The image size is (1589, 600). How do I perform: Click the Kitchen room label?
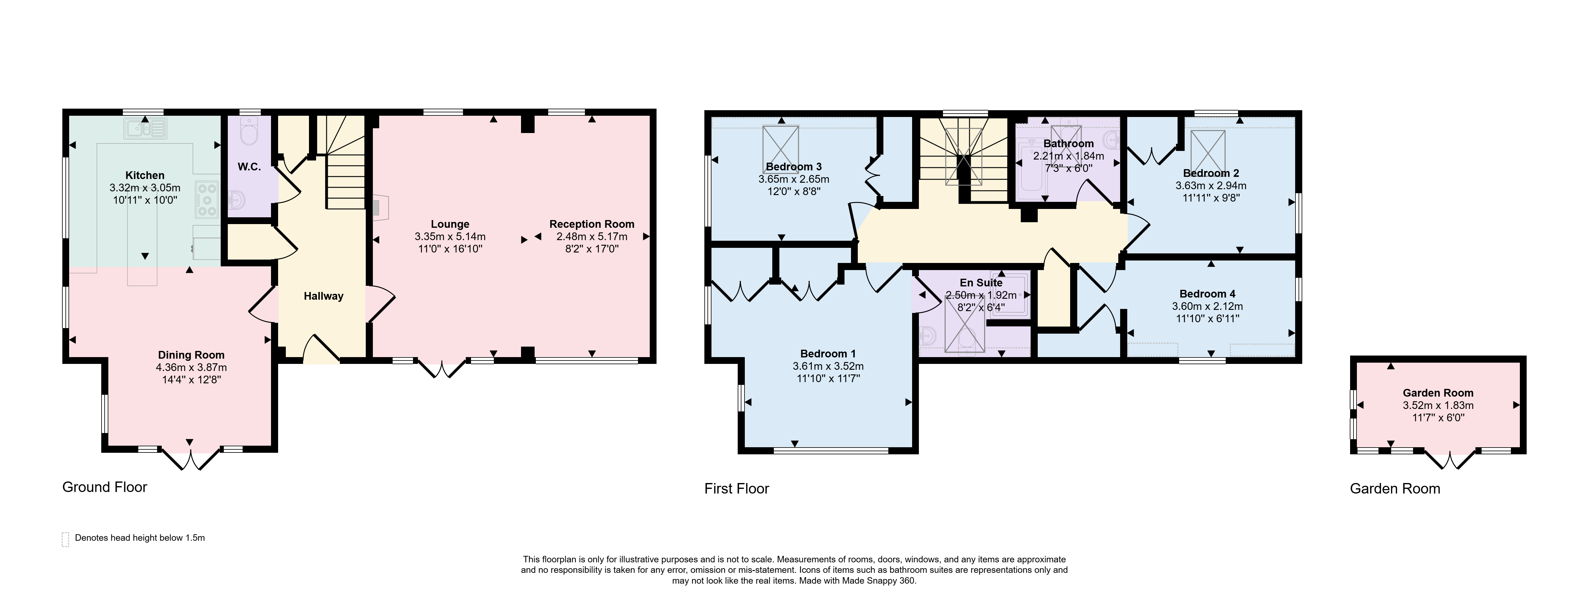pos(145,175)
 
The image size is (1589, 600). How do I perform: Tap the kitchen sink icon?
pos(146,129)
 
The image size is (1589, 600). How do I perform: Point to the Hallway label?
pos(323,296)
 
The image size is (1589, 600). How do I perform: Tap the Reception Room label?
pos(592,224)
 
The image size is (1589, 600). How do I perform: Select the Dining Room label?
pos(191,355)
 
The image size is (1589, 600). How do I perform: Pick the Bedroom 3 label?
pos(794,166)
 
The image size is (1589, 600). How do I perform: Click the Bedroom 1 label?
pos(828,353)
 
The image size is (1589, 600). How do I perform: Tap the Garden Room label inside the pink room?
pos(1438,393)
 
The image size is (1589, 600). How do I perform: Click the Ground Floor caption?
pos(105,487)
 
